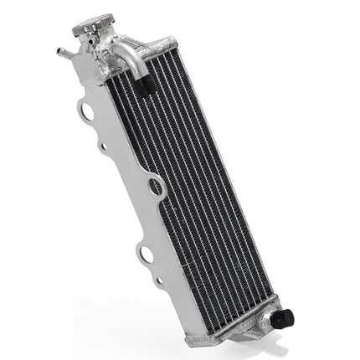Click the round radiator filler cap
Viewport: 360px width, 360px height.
coord(91,26)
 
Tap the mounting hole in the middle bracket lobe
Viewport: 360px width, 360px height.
coord(156,187)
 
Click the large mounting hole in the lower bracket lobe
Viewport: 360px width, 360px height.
coord(146,252)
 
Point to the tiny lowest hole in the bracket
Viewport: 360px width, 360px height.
coord(159,282)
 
